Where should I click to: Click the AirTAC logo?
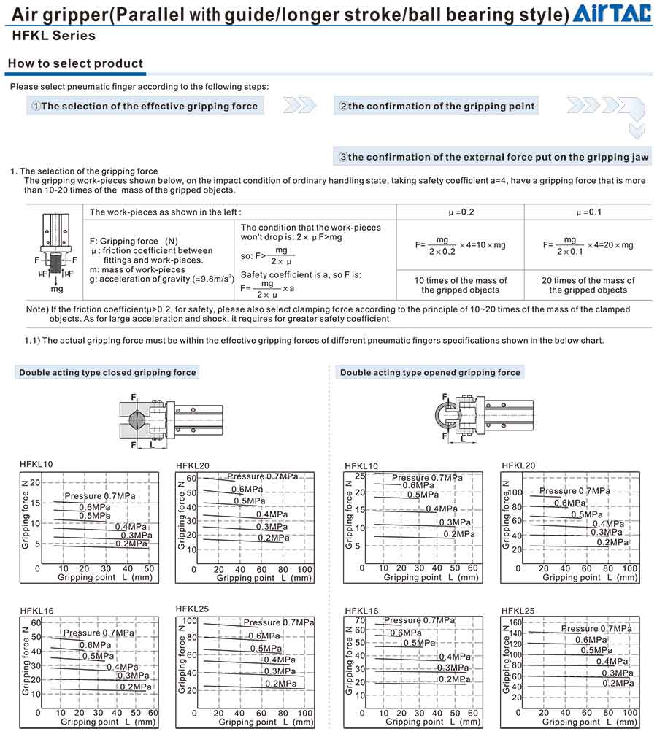pyautogui.click(x=612, y=13)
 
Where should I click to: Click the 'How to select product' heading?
pyautogui.click(x=75, y=63)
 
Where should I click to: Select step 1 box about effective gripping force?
pyautogui.click(x=145, y=107)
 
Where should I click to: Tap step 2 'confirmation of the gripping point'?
pyautogui.click(x=437, y=107)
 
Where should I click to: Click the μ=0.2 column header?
pyautogui.click(x=460, y=212)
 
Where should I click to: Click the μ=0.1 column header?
pyautogui.click(x=588, y=212)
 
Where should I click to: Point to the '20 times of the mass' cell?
pyautogui.click(x=588, y=285)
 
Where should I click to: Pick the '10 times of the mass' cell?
pyautogui.click(x=460, y=285)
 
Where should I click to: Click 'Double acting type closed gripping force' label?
pyautogui.click(x=107, y=373)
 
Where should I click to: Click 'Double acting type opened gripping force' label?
pyautogui.click(x=430, y=373)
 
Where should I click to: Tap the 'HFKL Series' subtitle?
pyautogui.click(x=54, y=36)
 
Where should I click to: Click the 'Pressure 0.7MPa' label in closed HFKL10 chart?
pyautogui.click(x=99, y=497)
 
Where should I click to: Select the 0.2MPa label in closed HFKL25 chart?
pyautogui.click(x=280, y=684)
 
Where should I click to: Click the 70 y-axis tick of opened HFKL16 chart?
pyautogui.click(x=359, y=621)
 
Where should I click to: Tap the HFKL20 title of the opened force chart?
pyautogui.click(x=518, y=465)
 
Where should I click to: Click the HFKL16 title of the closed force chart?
pyautogui.click(x=36, y=611)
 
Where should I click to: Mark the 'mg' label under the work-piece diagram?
pyautogui.click(x=56, y=289)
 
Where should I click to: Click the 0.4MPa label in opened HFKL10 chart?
pyautogui.click(x=441, y=509)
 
